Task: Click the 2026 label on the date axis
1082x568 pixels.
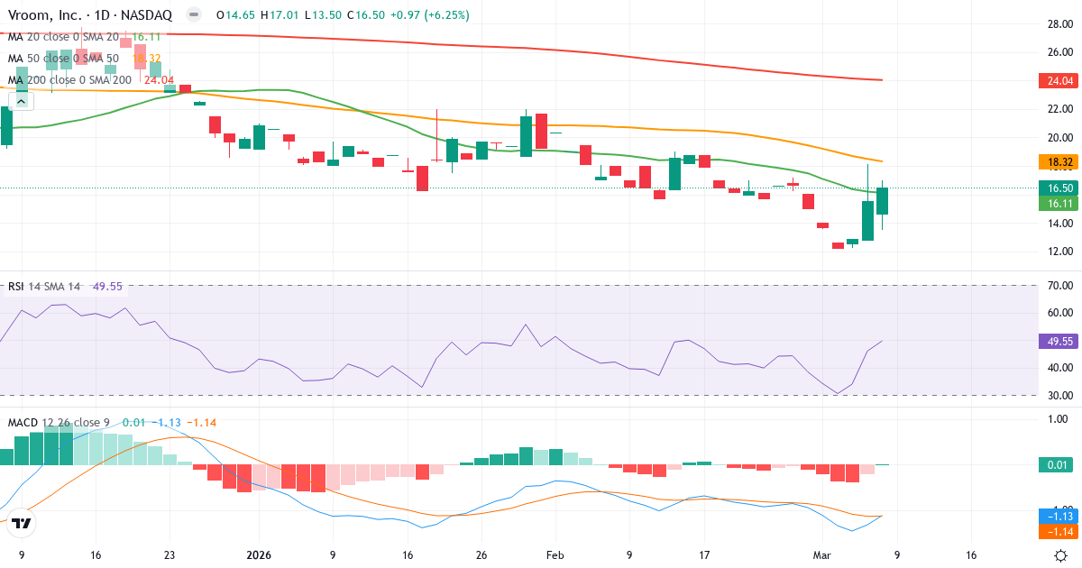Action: pos(259,555)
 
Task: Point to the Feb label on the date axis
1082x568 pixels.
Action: pos(555,555)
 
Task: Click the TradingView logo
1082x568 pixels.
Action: pos(22,523)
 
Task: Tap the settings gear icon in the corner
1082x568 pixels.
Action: pos(1062,555)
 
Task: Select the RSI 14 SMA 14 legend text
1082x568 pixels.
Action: pos(44,287)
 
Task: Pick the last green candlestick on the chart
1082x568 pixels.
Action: pos(883,201)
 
